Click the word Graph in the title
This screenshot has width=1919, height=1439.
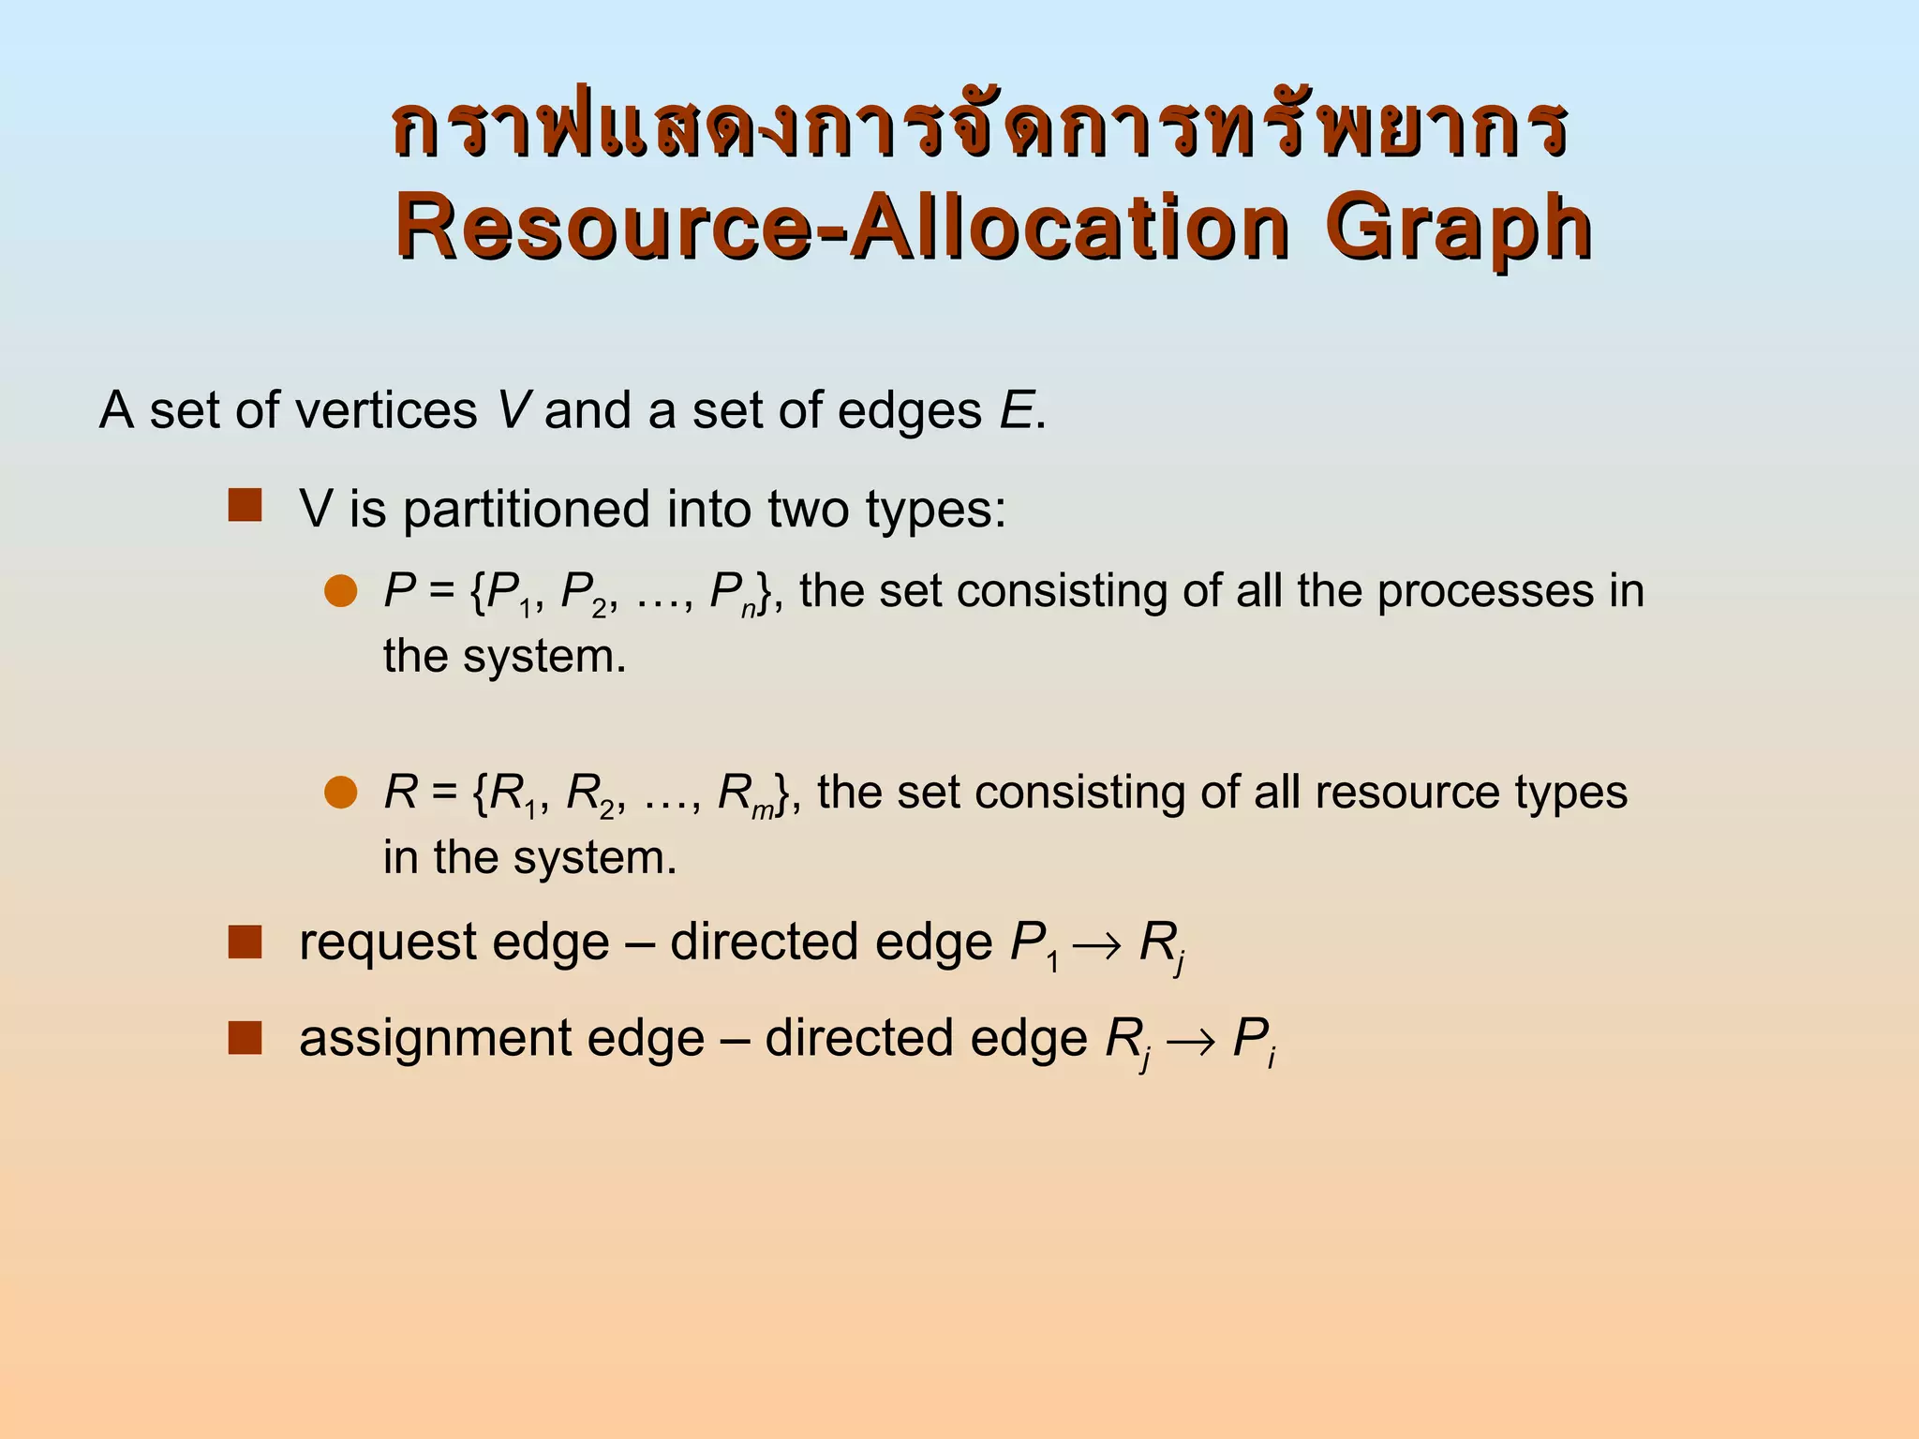1458,229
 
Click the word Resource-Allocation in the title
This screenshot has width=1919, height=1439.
842,229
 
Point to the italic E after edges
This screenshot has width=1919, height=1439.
1017,410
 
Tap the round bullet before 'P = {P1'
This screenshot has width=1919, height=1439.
341,591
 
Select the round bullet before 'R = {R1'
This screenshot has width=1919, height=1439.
341,793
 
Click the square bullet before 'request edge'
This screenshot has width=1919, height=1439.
245,942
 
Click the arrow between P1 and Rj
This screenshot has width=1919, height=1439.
1097,945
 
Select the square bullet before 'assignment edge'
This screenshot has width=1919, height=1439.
245,1038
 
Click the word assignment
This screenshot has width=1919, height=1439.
436,1040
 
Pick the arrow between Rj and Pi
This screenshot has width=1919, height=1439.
1191,1042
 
